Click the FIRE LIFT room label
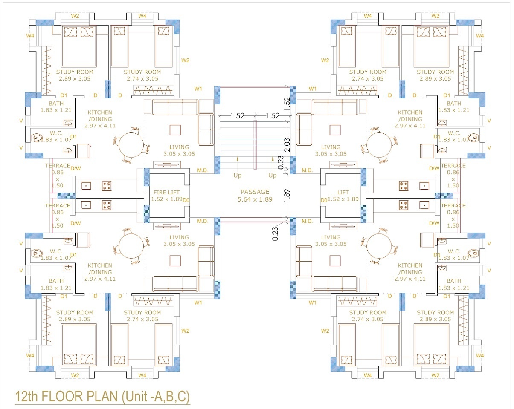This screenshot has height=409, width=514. click(166, 193)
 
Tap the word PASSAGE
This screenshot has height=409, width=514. click(255, 192)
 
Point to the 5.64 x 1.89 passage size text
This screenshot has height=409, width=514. click(255, 199)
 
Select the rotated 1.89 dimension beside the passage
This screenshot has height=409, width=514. click(287, 196)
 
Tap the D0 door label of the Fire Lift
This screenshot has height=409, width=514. click(186, 199)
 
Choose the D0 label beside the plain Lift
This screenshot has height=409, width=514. click(324, 199)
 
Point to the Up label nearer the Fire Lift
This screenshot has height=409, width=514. click(237, 175)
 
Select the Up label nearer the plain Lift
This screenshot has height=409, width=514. click(272, 175)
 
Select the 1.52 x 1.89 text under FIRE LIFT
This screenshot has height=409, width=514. click(166, 199)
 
